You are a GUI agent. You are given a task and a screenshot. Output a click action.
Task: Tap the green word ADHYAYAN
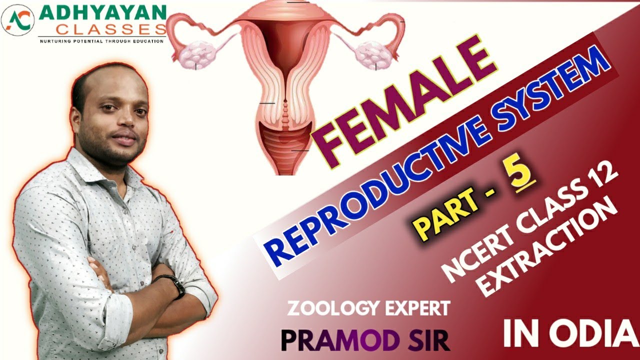click(102, 12)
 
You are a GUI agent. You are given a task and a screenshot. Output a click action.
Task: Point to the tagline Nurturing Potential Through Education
click(102, 40)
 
